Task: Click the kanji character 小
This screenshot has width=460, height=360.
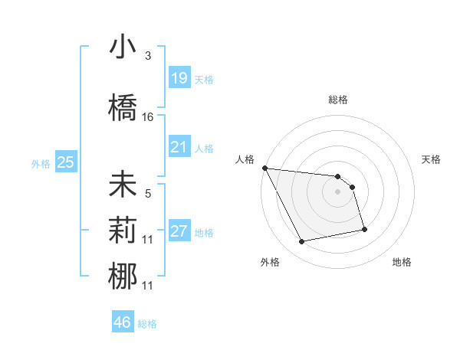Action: (123, 47)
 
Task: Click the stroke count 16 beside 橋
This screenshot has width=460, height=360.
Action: (148, 117)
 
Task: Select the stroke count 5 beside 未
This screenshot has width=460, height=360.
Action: (148, 195)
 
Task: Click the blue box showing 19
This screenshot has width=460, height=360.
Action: (179, 77)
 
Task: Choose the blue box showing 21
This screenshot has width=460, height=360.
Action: (179, 146)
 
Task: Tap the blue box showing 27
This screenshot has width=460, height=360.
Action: (179, 231)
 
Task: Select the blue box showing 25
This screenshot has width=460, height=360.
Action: (65, 162)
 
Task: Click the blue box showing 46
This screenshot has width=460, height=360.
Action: (123, 322)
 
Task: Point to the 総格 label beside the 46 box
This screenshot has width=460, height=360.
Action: (147, 324)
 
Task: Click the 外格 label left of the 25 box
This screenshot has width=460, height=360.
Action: (40, 163)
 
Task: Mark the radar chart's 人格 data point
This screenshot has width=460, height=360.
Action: (264, 168)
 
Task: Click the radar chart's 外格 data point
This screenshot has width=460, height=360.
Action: (302, 242)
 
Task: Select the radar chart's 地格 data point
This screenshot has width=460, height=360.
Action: (364, 229)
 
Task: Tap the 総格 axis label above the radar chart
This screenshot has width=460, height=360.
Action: (337, 100)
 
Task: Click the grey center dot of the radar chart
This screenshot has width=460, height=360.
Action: (337, 191)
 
